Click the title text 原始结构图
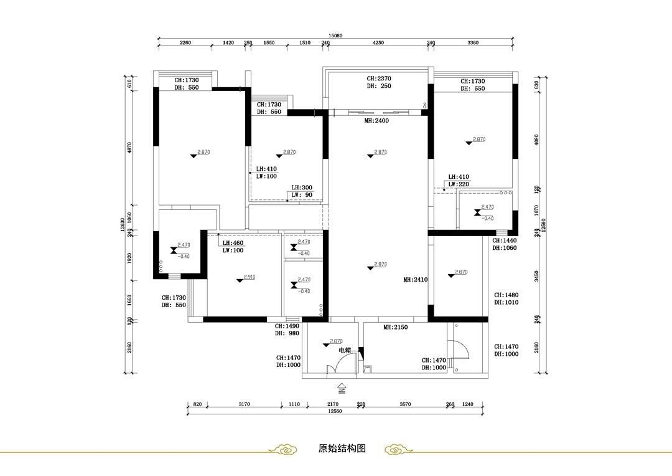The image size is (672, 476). point(341,449)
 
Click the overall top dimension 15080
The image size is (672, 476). point(336,36)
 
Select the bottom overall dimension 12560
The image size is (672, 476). point(336,411)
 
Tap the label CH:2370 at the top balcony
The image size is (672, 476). point(378,79)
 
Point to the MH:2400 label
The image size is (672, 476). point(376,121)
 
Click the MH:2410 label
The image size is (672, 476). point(415,280)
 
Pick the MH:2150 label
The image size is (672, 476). point(395,327)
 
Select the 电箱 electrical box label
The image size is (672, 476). point(345,351)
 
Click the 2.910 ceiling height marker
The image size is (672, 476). point(250,277)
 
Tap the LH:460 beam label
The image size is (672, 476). point(233,243)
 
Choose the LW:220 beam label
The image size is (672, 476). point(459,184)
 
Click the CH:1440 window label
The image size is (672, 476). point(505,240)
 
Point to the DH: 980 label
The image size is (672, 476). point(287,333)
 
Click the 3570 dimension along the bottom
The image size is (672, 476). point(405,404)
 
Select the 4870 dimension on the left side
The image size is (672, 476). point(129,148)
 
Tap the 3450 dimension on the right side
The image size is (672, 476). point(536,275)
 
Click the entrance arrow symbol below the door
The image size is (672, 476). point(341,389)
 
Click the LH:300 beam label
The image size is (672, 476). point(302,188)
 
